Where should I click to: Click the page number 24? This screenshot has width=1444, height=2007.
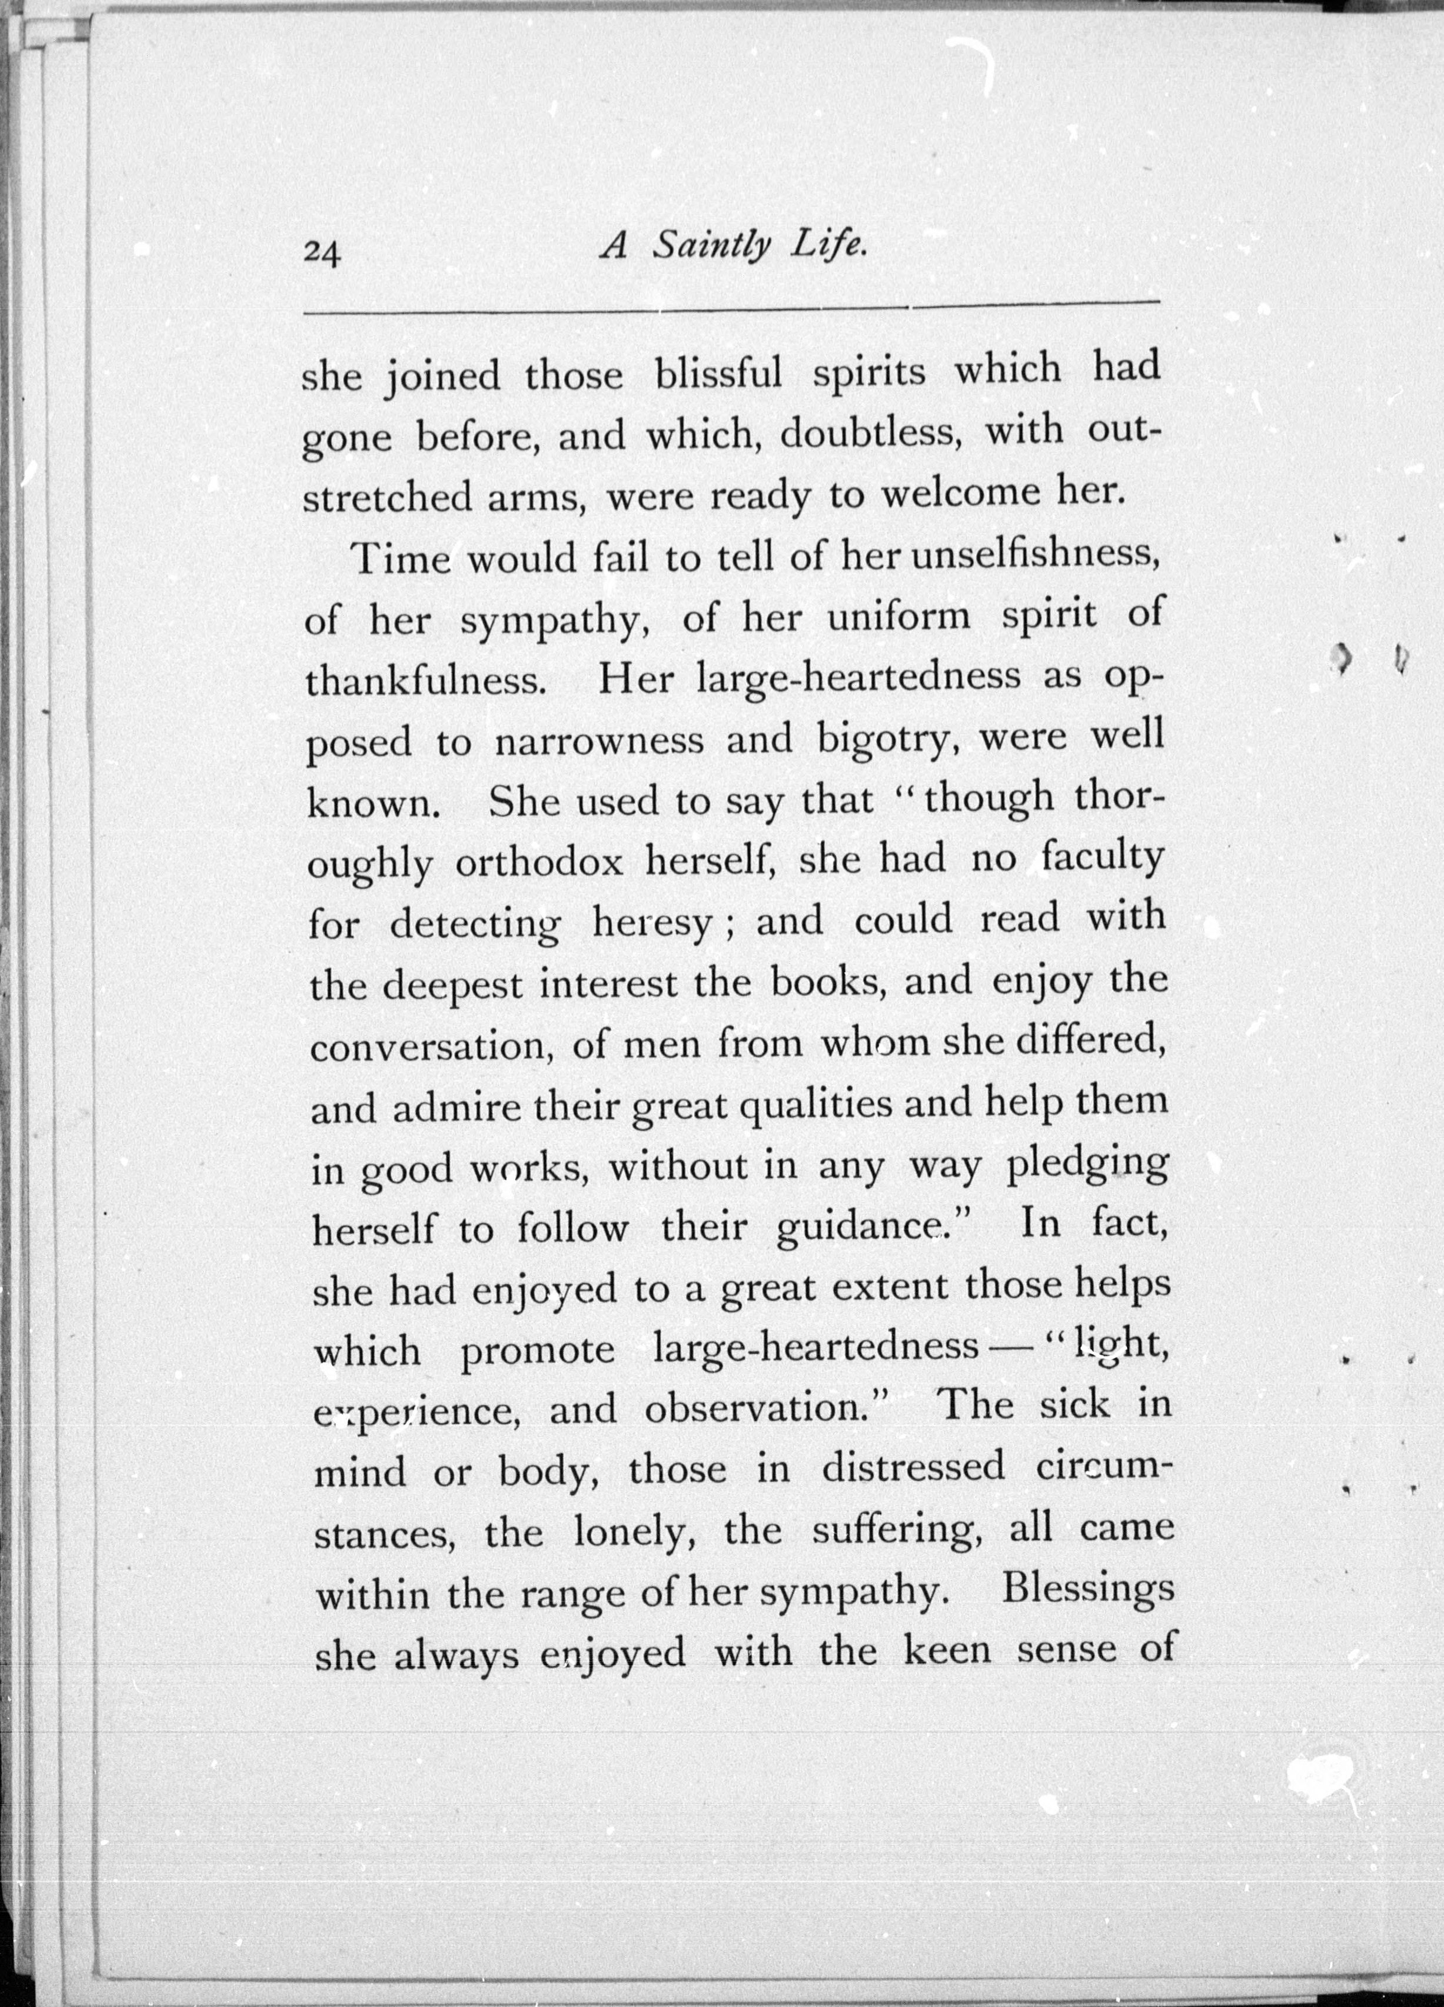pyautogui.click(x=321, y=254)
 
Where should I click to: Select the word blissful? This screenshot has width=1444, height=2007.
pyautogui.click(x=718, y=373)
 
